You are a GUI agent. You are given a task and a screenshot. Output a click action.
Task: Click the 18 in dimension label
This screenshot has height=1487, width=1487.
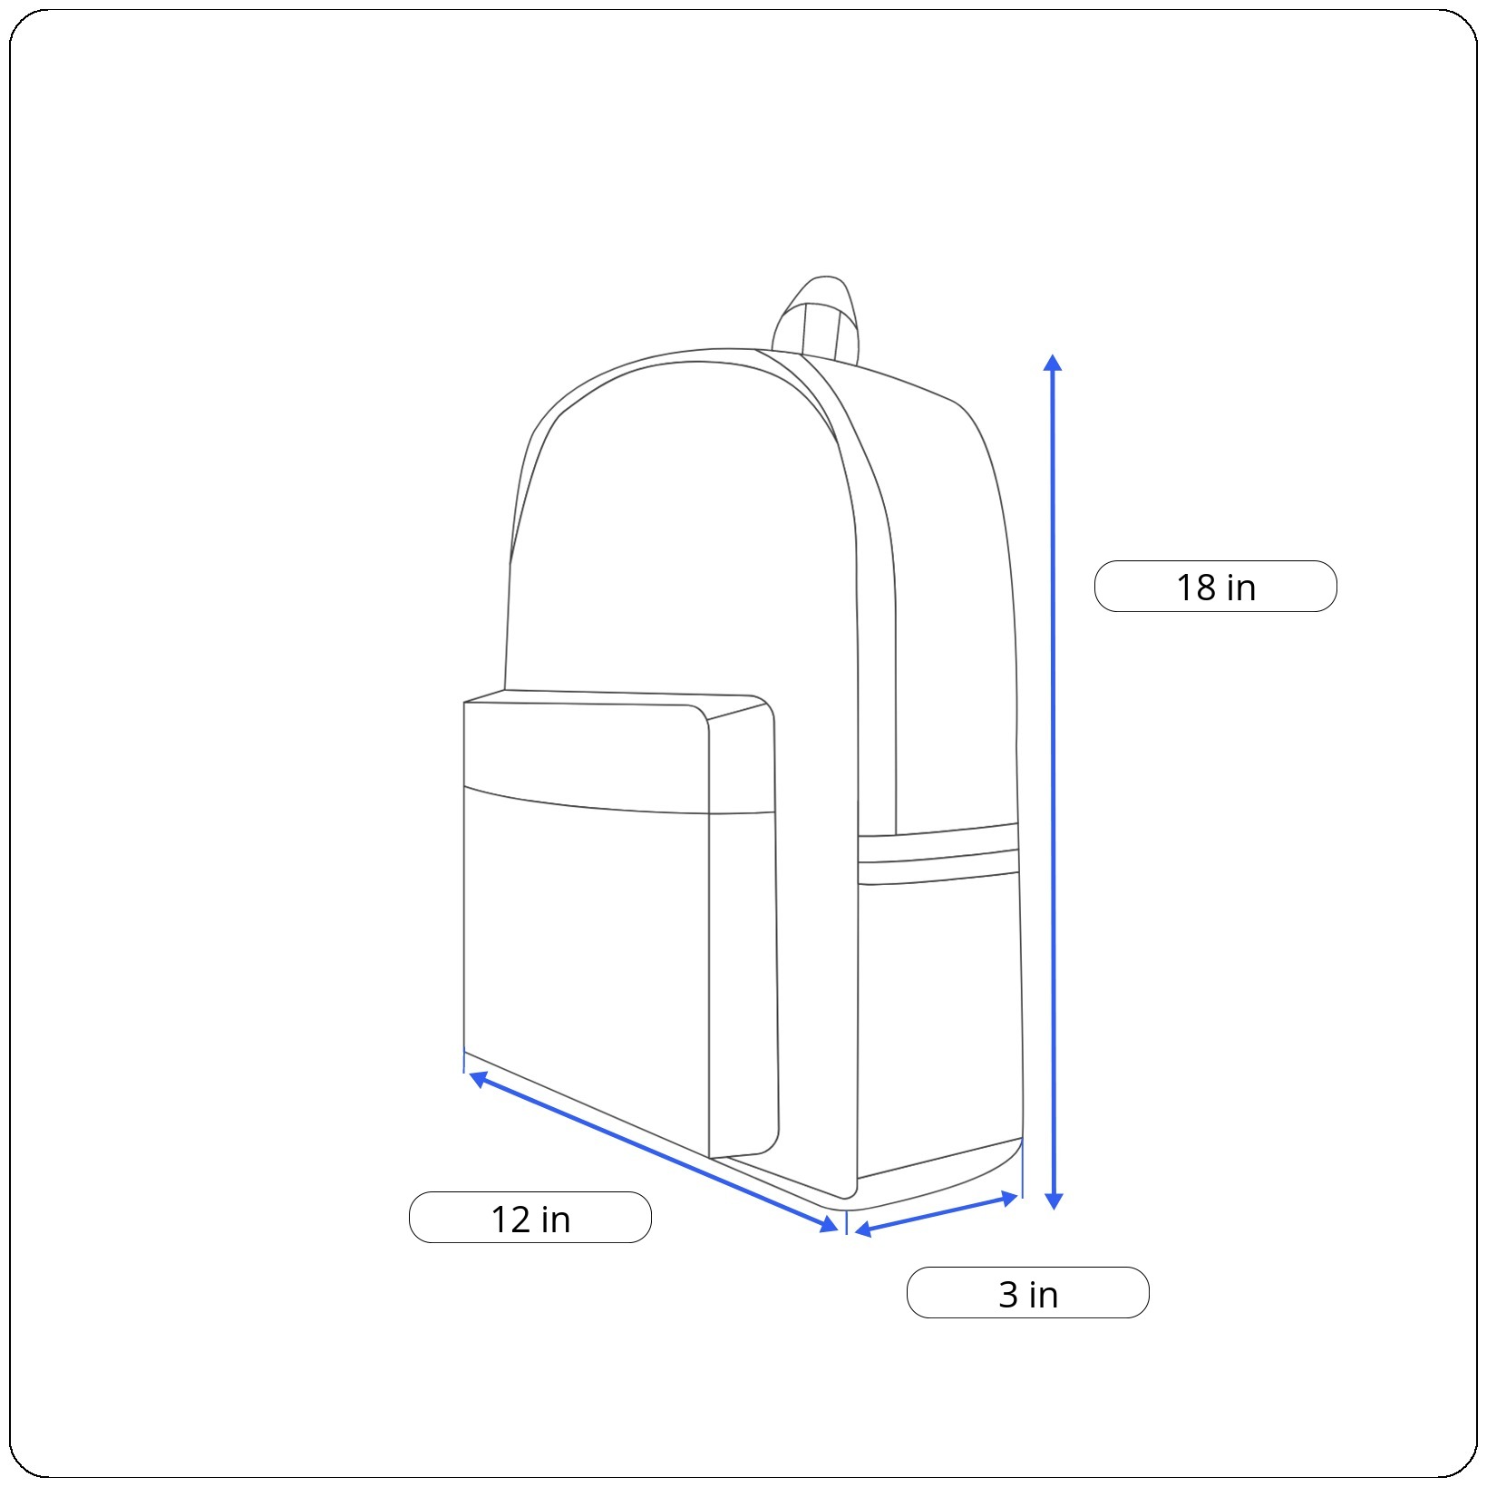click(1215, 587)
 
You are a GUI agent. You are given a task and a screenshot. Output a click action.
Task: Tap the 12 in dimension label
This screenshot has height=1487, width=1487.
click(530, 1218)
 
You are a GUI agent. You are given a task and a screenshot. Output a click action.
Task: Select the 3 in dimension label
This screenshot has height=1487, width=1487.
click(1027, 1293)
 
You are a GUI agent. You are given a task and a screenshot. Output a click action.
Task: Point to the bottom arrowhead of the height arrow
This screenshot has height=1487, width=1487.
click(1054, 1201)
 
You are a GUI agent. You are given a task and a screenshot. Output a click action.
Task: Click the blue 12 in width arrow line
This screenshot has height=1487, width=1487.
click(654, 1152)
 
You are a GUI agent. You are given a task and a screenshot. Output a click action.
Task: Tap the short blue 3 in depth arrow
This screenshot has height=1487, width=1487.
click(937, 1214)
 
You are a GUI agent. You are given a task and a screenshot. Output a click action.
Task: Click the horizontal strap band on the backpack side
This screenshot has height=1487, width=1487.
click(938, 854)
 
